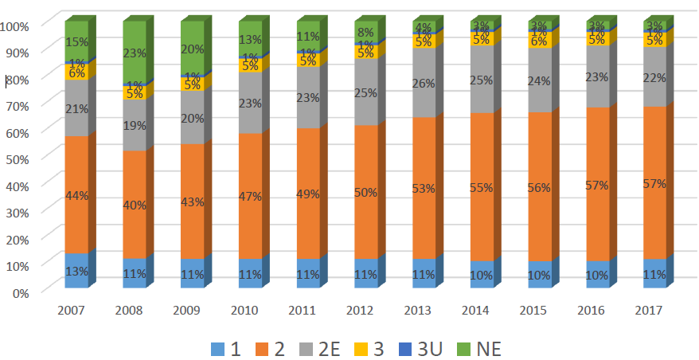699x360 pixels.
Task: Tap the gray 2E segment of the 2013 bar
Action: pos(423,83)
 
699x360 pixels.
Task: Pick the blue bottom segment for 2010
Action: pos(250,273)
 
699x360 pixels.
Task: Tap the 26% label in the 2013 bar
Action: pos(423,83)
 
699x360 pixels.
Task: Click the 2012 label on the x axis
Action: pos(365,308)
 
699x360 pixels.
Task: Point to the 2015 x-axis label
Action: pos(538,308)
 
